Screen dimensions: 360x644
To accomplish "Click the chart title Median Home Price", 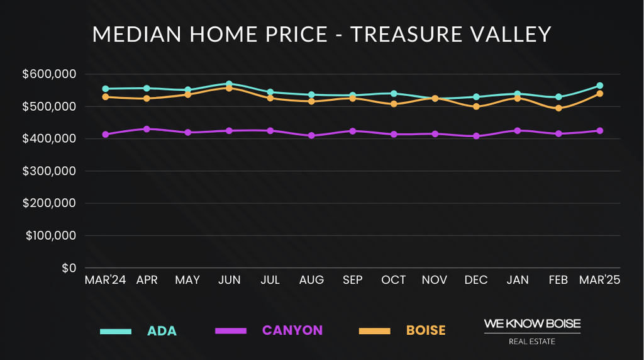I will tap(322, 34).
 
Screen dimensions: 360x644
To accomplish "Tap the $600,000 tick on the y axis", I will tap(49, 74).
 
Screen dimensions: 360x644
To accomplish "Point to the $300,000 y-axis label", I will tap(49, 171).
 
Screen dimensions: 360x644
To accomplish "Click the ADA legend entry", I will tap(162, 330).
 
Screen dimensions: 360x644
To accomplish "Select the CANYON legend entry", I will tap(292, 330).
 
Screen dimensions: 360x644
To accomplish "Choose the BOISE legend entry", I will tap(425, 330).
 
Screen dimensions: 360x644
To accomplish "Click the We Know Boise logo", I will tap(532, 331).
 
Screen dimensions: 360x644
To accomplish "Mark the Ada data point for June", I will tap(229, 84).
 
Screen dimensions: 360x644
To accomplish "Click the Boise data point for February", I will tap(558, 108).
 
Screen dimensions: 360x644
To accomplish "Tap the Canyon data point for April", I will tap(147, 129).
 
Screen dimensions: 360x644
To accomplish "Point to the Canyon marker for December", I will tap(476, 136).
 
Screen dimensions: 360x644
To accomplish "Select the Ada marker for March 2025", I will tap(599, 86).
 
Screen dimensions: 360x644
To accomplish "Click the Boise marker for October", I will tap(394, 104).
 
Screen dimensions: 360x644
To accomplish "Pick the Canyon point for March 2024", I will tap(106, 135).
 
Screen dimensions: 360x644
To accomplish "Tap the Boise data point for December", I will tap(476, 107).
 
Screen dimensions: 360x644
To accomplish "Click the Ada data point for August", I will tap(311, 95).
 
